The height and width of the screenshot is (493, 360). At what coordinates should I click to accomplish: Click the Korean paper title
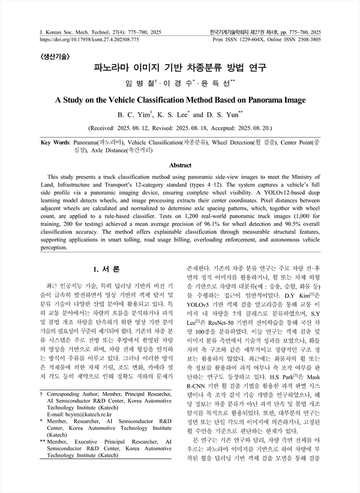pyautogui.click(x=180, y=68)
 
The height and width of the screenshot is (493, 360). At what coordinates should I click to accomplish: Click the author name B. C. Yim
pyautogui.click(x=136, y=115)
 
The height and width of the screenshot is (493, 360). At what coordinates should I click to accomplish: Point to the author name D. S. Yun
pyautogui.click(x=214, y=115)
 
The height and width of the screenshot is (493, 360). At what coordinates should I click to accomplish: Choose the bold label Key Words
pyautogui.click(x=54, y=144)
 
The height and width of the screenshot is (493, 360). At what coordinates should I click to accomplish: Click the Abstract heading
pyautogui.click(x=180, y=164)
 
